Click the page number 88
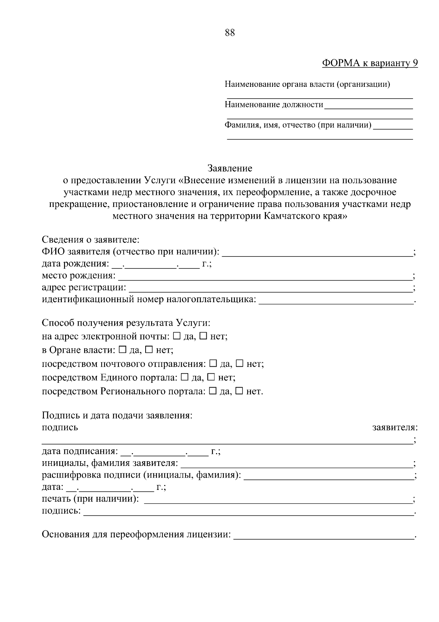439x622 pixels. (230, 33)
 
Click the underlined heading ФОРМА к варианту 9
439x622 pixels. (370, 63)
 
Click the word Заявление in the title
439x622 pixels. (230, 169)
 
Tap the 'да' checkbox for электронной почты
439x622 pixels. (177, 336)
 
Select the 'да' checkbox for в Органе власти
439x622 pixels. (123, 350)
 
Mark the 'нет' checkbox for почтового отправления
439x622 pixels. (240, 364)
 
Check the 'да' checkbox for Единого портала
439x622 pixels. (185, 377)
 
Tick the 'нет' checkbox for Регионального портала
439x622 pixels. (239, 391)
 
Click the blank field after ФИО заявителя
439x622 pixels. (317, 252)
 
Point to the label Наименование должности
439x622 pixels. (274, 105)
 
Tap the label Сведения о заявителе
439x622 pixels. (90, 240)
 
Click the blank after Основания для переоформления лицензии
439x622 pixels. (323, 535)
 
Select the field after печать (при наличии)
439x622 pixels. (278, 499)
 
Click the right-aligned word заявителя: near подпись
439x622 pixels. (395, 427)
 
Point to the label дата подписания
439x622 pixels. (80, 451)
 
